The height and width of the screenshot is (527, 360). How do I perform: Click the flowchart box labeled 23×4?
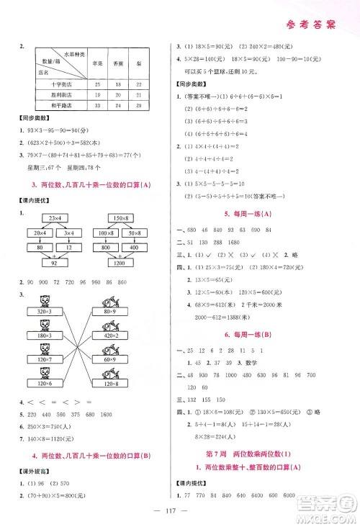pos(57,217)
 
